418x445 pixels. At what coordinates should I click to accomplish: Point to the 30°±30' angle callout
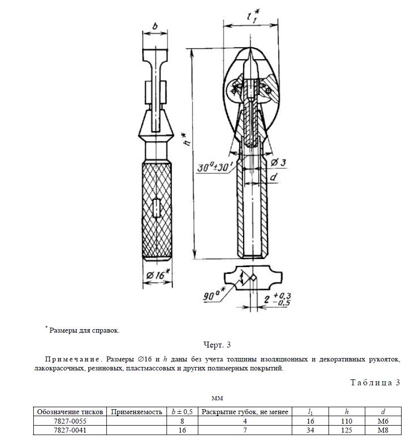[214, 168]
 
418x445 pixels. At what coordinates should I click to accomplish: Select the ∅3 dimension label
[279, 163]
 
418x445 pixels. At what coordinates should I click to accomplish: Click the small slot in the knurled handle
[157, 207]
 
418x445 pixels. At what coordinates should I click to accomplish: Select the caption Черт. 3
[217, 345]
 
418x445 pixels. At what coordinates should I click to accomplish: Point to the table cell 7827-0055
[70, 421]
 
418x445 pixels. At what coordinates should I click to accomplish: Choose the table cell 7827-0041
[70, 430]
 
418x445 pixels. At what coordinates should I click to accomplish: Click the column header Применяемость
[137, 412]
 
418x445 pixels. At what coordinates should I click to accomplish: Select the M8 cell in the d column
[382, 430]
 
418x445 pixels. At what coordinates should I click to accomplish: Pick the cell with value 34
[311, 430]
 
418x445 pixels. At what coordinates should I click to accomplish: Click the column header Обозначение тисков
[70, 412]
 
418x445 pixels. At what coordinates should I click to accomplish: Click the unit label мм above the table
[216, 398]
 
